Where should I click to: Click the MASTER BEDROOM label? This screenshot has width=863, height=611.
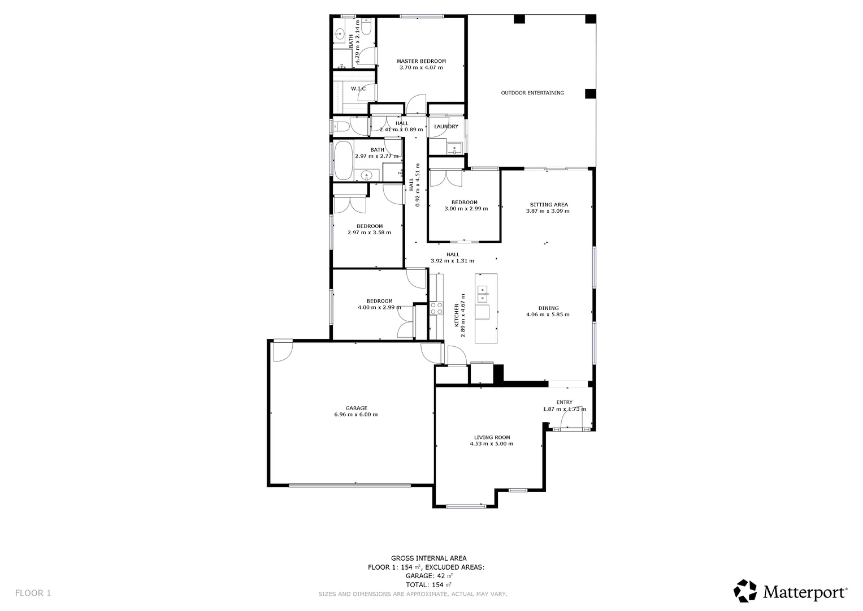(x=421, y=61)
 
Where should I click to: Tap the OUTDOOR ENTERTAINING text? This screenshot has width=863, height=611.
(x=532, y=93)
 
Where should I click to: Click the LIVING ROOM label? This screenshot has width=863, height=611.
(x=492, y=437)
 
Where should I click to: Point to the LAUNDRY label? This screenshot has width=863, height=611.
(x=446, y=127)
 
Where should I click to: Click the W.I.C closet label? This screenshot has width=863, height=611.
(x=358, y=89)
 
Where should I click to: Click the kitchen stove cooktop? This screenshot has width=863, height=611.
(x=436, y=308)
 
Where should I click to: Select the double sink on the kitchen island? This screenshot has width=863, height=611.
(x=483, y=291)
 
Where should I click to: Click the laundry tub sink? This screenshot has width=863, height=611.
(x=454, y=149)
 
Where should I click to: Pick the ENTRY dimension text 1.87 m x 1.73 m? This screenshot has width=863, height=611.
(x=564, y=409)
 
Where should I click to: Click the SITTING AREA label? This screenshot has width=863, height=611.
(x=548, y=205)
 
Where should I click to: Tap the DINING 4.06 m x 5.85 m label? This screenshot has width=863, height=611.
(x=548, y=312)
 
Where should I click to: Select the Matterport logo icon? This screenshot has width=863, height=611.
(x=745, y=591)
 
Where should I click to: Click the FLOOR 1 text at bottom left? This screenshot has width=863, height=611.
(x=33, y=593)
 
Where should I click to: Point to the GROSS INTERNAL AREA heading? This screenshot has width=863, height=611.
(x=428, y=558)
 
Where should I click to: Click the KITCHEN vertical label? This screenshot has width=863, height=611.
(x=457, y=315)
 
